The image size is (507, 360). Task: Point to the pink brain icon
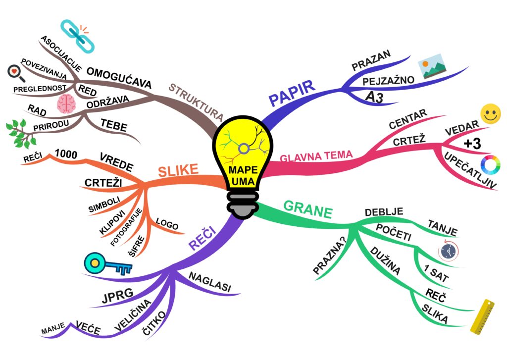66,104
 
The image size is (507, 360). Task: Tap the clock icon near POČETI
448,251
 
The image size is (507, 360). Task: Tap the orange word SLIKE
178,171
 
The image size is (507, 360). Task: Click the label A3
374,98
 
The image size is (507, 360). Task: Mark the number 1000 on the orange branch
66,155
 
